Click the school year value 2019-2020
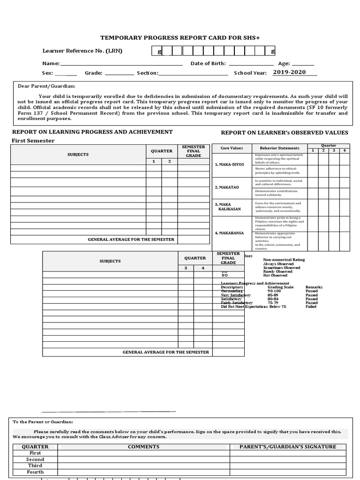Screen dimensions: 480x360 (x=289, y=72)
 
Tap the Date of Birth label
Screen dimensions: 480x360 (x=208, y=63)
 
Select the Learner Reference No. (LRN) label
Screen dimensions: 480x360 (x=82, y=51)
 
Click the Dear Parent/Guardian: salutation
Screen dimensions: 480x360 (x=46, y=86)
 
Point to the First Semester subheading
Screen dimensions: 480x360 (x=33, y=141)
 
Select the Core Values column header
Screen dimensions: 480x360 (x=232, y=148)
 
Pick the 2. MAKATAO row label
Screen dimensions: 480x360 (x=227, y=187)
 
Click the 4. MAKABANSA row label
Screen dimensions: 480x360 (x=229, y=233)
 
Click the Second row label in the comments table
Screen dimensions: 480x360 (x=35, y=459)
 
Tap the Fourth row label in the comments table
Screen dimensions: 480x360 (x=35, y=472)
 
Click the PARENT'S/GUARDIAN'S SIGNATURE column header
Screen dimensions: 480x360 (x=288, y=447)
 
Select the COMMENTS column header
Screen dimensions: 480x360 (x=143, y=447)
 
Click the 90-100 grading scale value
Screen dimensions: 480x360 (x=274, y=291)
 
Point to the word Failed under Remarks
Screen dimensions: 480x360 (x=311, y=307)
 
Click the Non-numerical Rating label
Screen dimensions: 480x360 (x=284, y=260)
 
